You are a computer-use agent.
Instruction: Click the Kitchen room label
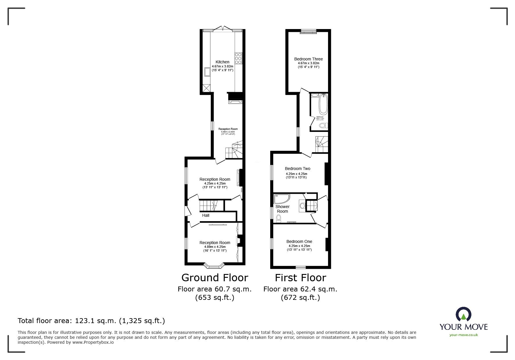point(222,62)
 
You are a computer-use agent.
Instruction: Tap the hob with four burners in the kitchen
point(238,58)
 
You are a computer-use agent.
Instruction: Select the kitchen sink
point(208,72)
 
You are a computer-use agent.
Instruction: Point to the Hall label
point(206,215)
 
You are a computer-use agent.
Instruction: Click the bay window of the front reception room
point(215,265)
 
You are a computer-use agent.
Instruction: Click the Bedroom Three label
point(308,59)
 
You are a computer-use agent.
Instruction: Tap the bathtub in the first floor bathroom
point(323,104)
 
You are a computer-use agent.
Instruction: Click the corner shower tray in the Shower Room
point(281,199)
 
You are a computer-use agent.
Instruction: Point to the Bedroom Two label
point(297,169)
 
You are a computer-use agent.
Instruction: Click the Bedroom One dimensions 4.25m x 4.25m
point(299,246)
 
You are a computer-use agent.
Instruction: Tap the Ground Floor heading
point(215,278)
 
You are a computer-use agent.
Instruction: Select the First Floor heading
point(300,278)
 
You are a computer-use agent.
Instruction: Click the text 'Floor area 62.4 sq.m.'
point(300,289)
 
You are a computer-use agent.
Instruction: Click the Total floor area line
point(91,321)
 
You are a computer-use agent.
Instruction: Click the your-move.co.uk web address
point(464,335)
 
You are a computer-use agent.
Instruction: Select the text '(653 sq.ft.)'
point(215,298)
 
